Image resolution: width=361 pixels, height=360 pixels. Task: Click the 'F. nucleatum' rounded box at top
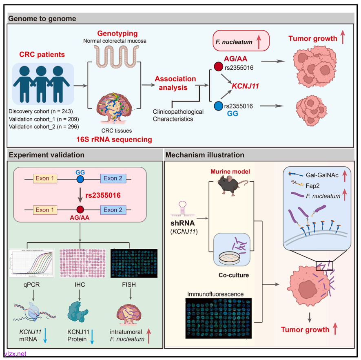coord(241,41)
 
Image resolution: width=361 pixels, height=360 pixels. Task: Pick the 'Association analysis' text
coord(175,83)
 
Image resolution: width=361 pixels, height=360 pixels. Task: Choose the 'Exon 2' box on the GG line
coord(113,179)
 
